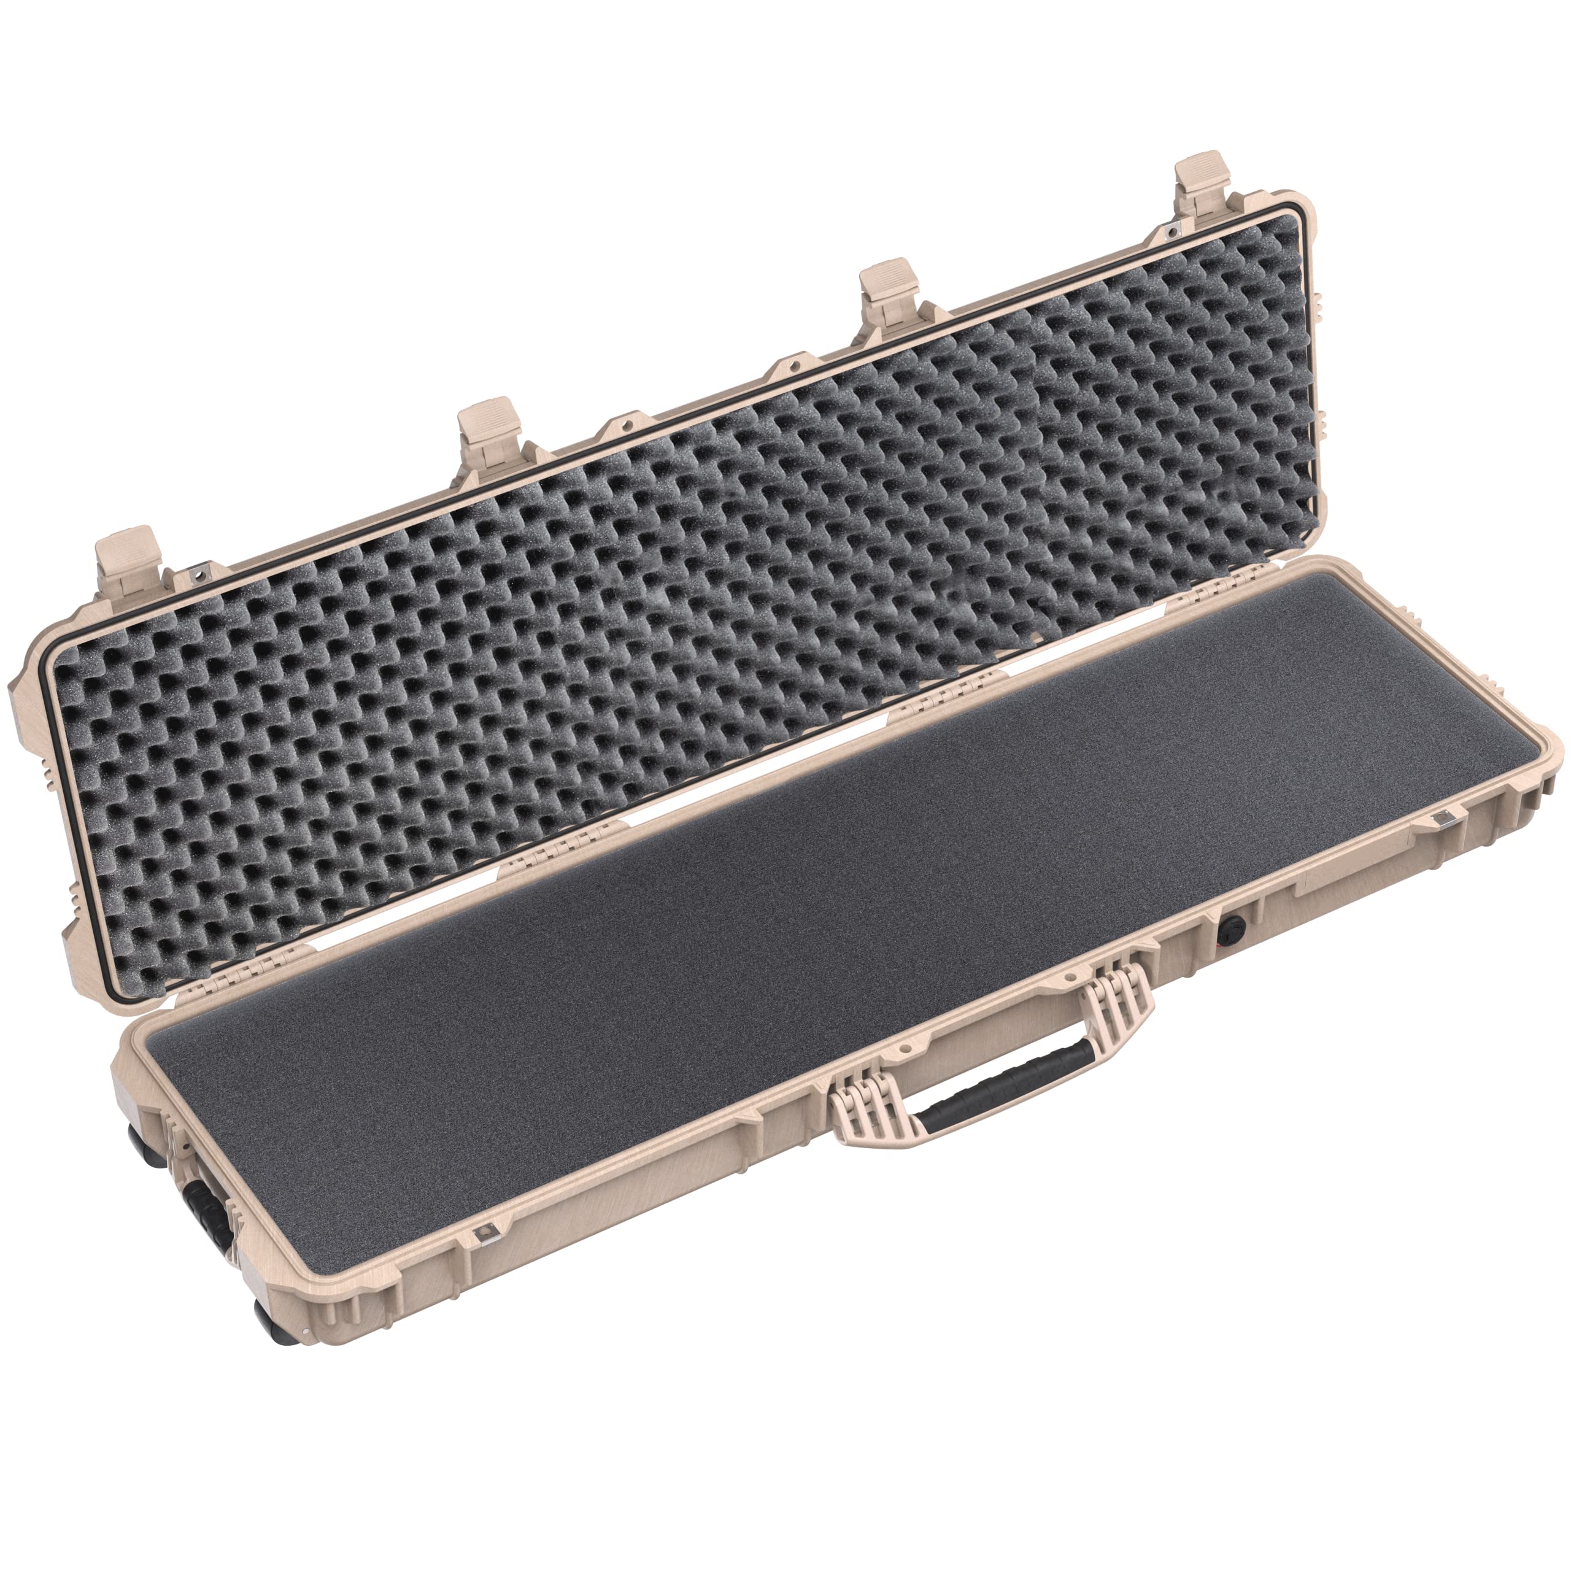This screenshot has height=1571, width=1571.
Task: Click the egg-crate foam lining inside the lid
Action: [650, 610]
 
